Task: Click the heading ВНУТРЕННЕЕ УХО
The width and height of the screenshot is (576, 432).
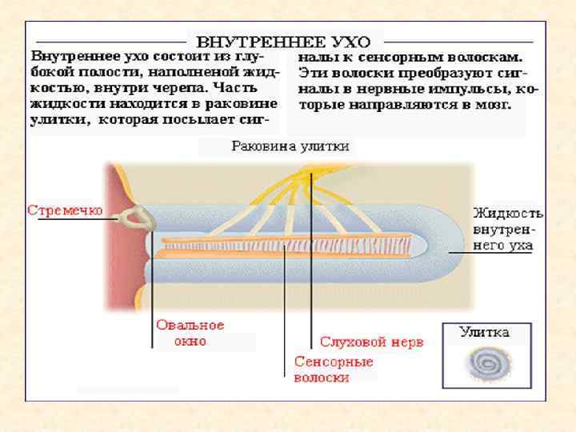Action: point(284,41)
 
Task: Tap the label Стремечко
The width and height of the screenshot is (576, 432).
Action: point(65,211)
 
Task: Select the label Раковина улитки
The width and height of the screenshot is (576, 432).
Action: point(290,146)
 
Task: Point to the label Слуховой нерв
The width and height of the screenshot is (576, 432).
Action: point(371,342)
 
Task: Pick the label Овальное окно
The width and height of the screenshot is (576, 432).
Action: point(190,333)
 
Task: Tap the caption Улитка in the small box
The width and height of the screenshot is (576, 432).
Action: point(484,331)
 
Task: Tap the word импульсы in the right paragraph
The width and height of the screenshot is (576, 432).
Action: point(449,88)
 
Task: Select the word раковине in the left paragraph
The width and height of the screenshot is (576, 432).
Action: point(241,104)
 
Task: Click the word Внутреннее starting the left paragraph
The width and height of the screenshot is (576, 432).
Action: point(74,58)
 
